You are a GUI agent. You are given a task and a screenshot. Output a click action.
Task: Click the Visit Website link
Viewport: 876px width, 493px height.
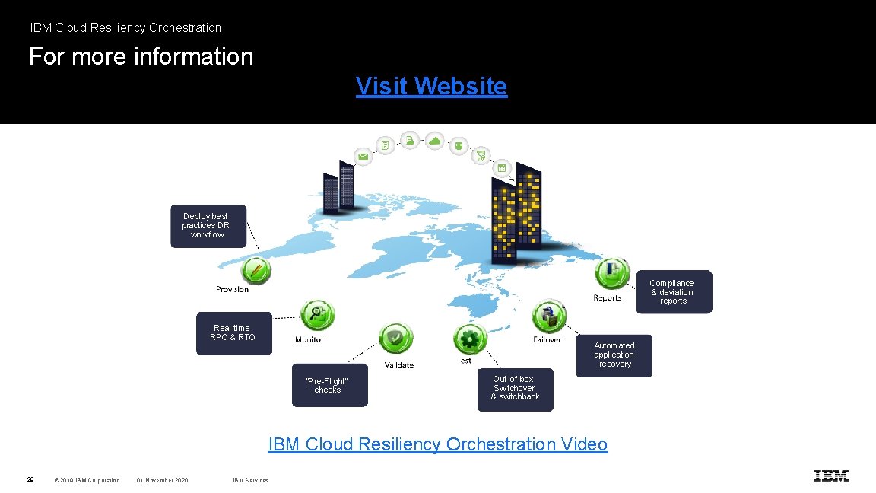[431, 87]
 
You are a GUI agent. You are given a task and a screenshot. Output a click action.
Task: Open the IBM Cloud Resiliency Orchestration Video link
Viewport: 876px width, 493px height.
[437, 444]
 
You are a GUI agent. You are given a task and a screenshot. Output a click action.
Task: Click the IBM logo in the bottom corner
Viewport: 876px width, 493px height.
[831, 476]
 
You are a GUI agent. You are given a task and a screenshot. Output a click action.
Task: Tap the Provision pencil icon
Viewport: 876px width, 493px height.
[255, 270]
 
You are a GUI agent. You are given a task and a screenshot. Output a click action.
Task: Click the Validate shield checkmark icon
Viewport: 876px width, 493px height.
[395, 339]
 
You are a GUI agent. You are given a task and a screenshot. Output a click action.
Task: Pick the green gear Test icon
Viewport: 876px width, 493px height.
[470, 337]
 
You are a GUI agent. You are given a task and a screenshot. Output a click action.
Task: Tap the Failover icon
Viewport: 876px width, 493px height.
[548, 316]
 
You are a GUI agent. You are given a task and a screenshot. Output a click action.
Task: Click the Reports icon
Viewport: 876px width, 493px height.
[612, 273]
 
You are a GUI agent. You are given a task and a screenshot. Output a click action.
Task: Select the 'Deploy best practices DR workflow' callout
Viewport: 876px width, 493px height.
[208, 226]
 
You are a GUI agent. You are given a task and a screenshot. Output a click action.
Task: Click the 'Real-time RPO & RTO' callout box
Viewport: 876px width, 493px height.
[233, 333]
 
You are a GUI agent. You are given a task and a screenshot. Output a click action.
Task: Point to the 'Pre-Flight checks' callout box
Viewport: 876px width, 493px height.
[329, 386]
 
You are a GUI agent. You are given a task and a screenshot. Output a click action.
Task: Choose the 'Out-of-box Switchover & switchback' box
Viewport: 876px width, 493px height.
[515, 389]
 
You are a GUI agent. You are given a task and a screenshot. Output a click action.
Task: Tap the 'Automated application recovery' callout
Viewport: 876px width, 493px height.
[614, 355]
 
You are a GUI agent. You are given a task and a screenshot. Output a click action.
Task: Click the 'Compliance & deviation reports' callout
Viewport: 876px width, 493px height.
[672, 292]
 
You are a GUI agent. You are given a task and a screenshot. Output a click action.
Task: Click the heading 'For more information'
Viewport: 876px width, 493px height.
[141, 56]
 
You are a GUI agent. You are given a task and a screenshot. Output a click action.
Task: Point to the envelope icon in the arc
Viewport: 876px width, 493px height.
[363, 157]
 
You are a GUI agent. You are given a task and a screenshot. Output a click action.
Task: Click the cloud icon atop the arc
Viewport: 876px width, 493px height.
[434, 141]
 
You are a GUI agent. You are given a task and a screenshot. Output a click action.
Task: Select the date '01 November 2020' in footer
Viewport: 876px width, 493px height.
[163, 480]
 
